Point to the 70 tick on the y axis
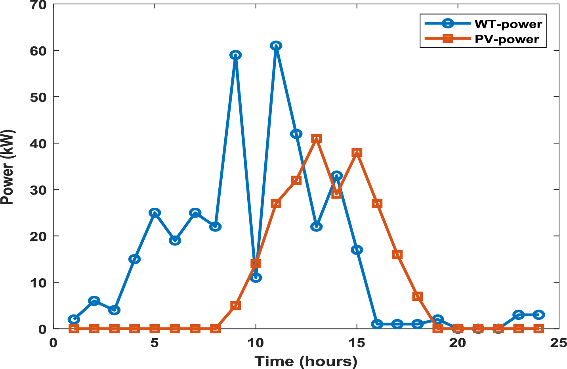(38, 5)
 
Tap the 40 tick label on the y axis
(38, 143)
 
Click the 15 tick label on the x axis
(357, 342)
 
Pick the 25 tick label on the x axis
(558, 342)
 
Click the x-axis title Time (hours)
(306, 361)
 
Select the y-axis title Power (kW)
(8, 167)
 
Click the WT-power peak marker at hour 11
(276, 46)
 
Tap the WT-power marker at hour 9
(236, 55)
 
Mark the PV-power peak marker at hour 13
(316, 139)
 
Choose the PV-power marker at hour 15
(357, 153)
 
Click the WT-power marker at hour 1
(74, 319)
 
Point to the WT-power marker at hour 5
(155, 213)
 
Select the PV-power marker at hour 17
(397, 254)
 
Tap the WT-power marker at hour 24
(538, 315)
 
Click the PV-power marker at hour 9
(236, 306)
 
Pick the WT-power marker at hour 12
(296, 134)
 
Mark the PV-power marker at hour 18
(417, 296)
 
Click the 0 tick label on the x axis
(53, 342)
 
